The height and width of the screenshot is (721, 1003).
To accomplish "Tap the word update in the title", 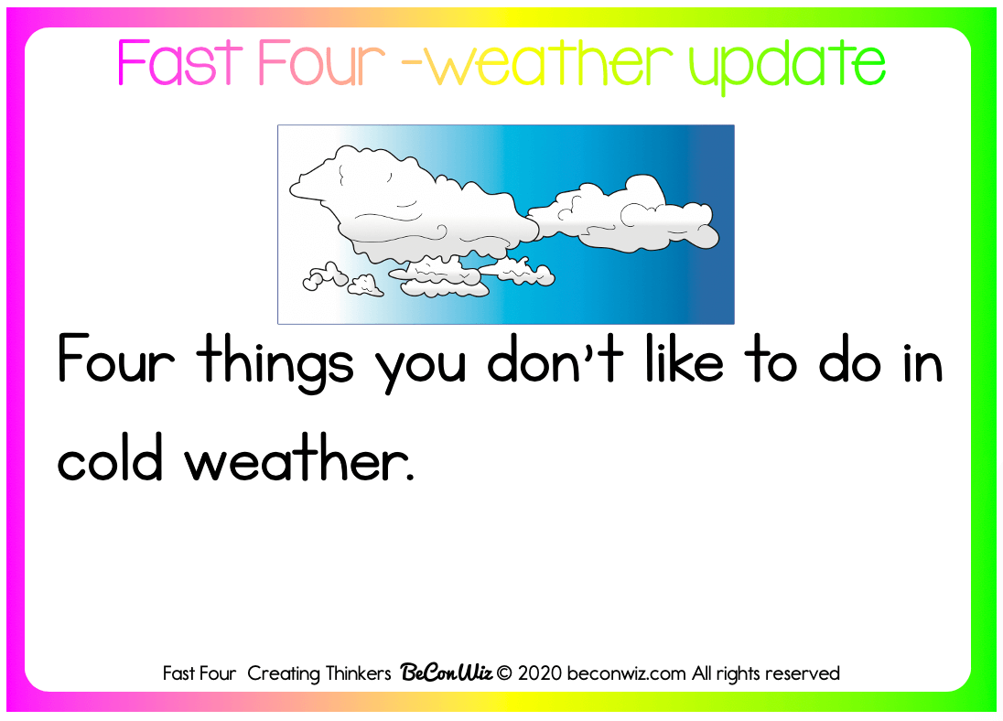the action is [x=787, y=68].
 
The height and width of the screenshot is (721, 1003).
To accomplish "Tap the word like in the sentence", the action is [x=685, y=359].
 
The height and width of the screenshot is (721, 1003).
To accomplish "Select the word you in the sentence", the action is [x=420, y=369].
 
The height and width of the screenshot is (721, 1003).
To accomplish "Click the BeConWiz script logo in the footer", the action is [x=447, y=673].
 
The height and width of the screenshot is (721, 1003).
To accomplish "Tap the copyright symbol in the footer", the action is [x=504, y=673].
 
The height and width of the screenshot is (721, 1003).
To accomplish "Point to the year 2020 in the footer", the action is [x=539, y=673].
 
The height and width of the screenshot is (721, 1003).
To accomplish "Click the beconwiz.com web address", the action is [x=626, y=673].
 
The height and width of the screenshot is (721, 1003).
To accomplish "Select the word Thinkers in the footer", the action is [x=358, y=673].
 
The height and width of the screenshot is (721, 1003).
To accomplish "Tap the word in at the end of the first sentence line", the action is [x=924, y=360].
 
